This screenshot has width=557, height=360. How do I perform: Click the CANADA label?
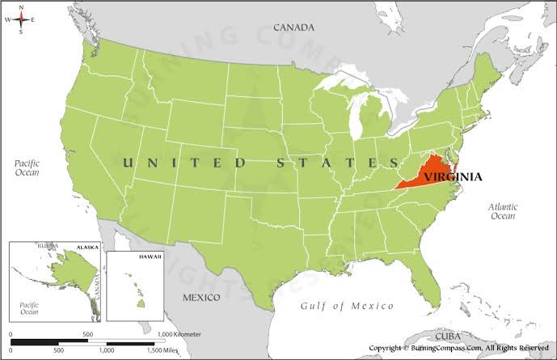click(x=293, y=28)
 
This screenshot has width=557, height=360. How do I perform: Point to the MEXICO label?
click(x=200, y=297)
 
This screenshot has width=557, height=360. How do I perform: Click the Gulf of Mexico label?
click(x=347, y=306)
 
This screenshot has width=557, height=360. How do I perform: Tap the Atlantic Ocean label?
click(x=502, y=211)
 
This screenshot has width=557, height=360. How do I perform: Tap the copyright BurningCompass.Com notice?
click(x=458, y=347)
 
